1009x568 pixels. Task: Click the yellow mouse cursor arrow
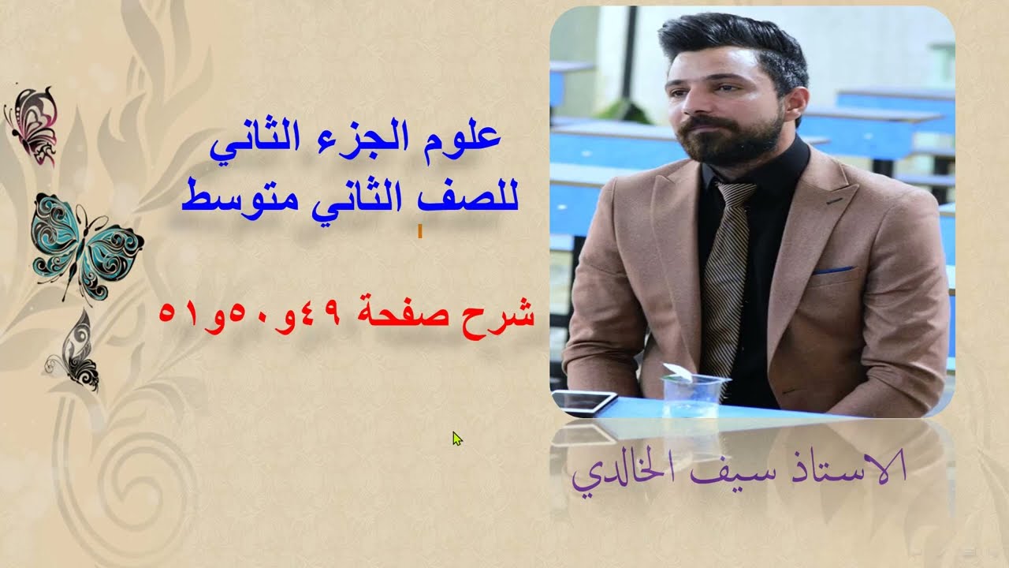pos(456,438)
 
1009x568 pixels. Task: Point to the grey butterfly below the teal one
pos(75,351)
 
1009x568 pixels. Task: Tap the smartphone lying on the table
pos(584,402)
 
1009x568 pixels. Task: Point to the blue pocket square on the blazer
pos(834,271)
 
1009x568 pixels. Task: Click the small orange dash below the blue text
pos(419,231)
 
